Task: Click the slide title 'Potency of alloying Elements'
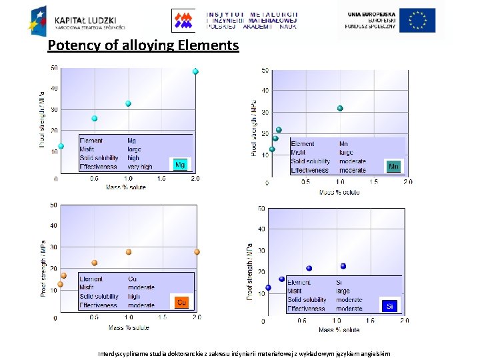pyautogui.click(x=143, y=45)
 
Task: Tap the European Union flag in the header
pyautogui.click(x=417, y=20)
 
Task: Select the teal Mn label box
pyautogui.click(x=393, y=166)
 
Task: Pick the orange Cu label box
pyautogui.click(x=180, y=302)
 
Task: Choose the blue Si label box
pyautogui.click(x=390, y=306)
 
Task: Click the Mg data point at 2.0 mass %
pyautogui.click(x=195, y=71)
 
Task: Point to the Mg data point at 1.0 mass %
pyautogui.click(x=128, y=103)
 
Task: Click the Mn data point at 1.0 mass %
pyautogui.click(x=340, y=108)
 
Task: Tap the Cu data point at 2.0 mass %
pyautogui.click(x=197, y=252)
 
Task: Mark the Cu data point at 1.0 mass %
pyautogui.click(x=129, y=252)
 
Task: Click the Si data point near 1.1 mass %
pyautogui.click(x=343, y=266)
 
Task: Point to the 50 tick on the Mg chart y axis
pyautogui.click(x=53, y=67)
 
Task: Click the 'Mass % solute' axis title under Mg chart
pyautogui.click(x=125, y=187)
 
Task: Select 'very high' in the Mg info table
pyautogui.click(x=140, y=167)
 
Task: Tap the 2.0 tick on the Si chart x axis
pyautogui.click(x=404, y=321)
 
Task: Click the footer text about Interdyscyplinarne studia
pyautogui.click(x=244, y=353)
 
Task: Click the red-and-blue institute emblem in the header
pyautogui.click(x=185, y=20)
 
